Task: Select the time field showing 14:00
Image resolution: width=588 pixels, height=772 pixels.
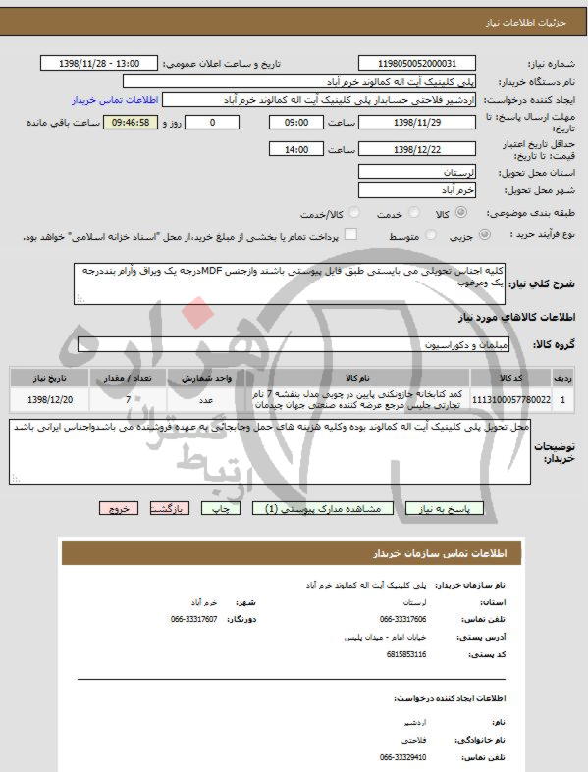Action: tap(295, 150)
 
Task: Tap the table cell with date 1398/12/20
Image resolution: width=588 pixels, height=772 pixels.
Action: tap(50, 400)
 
